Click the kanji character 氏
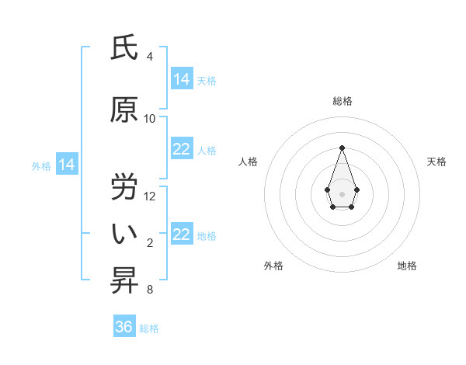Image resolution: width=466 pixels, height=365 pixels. (x=124, y=48)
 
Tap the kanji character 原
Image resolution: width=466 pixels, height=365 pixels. (x=124, y=110)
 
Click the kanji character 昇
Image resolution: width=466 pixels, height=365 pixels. (x=124, y=281)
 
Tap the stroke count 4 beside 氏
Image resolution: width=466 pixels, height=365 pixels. (x=150, y=57)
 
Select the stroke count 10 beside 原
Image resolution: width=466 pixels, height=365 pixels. (x=150, y=119)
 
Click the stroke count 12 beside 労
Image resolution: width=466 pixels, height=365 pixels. (x=150, y=196)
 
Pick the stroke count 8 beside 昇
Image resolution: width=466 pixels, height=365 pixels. (x=150, y=290)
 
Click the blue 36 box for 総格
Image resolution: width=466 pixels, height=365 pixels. (x=124, y=327)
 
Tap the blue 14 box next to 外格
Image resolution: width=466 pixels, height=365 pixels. (x=66, y=165)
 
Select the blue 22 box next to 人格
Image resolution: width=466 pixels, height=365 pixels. (x=182, y=149)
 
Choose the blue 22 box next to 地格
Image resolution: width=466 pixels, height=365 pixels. (x=182, y=235)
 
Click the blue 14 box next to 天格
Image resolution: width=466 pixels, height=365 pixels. (x=182, y=79)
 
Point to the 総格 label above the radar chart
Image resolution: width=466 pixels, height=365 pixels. (x=342, y=101)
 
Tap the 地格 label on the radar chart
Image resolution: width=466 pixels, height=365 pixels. (x=407, y=266)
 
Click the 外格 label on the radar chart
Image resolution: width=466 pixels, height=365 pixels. (x=273, y=266)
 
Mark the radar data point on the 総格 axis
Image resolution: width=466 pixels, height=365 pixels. (x=342, y=147)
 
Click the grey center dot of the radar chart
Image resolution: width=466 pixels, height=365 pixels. (x=342, y=193)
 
